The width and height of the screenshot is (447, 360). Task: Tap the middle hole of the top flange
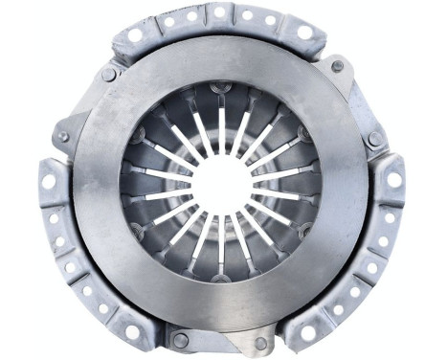point(219,12)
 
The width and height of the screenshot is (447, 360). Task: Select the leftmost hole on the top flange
point(135,34)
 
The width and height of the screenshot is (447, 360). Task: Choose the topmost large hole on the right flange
point(393,179)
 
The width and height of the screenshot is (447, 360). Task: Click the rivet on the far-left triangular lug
point(63,137)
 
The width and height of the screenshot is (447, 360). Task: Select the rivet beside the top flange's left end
point(108,74)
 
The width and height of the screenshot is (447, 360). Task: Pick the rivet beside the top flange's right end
point(337,66)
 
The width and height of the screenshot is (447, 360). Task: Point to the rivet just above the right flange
point(375,139)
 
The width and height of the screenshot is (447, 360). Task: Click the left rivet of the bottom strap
point(180,340)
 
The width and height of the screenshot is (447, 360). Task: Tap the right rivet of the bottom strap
point(260,342)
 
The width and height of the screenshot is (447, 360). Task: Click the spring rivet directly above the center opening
point(221,92)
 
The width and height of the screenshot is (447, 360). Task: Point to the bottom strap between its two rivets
point(220,342)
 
